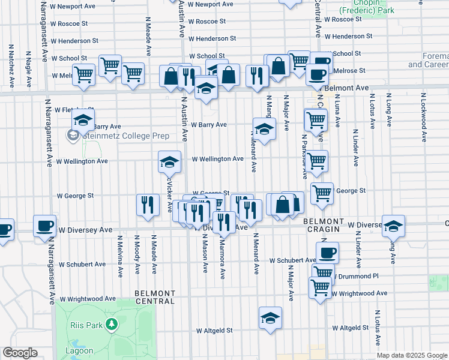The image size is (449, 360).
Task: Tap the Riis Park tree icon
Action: pyautogui.click(x=111, y=325)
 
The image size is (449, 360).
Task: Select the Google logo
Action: pyautogui.click(x=20, y=353)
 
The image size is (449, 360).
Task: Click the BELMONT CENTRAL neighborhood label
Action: pyautogui.click(x=155, y=297)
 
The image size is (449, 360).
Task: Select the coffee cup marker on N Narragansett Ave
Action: pyautogui.click(x=45, y=225)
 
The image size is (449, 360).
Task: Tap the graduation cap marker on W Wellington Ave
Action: pyautogui.click(x=169, y=161)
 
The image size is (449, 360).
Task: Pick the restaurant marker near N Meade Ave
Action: pyautogui.click(x=147, y=205)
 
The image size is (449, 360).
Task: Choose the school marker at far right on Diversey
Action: pyautogui.click(x=393, y=226)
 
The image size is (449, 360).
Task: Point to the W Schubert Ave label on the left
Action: pyautogui.click(x=82, y=264)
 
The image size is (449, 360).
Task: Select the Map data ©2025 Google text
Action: pyautogui.click(x=412, y=355)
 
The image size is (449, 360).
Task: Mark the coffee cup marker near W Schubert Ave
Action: pyautogui.click(x=327, y=253)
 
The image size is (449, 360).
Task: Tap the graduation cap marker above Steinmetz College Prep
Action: pyautogui.click(x=83, y=119)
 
